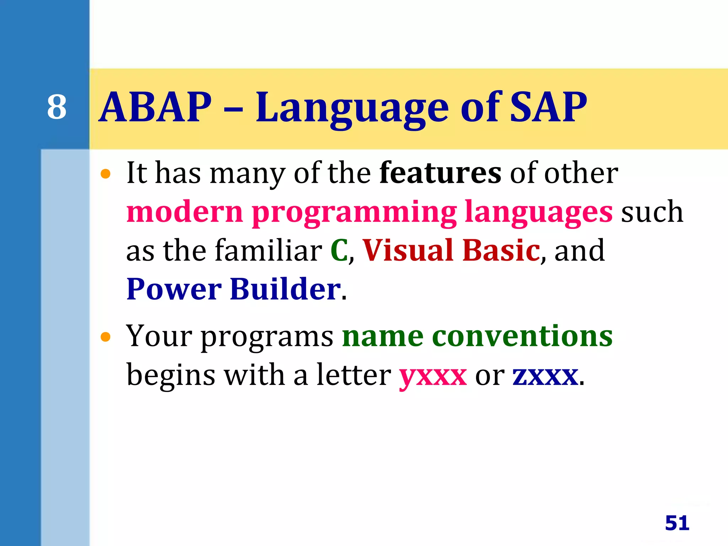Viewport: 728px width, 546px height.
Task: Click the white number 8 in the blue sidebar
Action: [57, 107]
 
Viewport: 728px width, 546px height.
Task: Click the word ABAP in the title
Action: [155, 107]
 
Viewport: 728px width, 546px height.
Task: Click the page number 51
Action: [677, 523]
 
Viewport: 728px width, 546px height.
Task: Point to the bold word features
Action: [440, 173]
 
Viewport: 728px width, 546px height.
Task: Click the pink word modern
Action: [184, 212]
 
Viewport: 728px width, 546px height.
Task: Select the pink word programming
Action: [354, 213]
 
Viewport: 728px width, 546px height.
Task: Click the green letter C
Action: [339, 251]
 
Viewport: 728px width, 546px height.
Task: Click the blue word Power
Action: [174, 289]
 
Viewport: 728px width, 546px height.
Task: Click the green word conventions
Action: [522, 336]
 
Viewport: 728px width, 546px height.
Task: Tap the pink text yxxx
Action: [433, 377]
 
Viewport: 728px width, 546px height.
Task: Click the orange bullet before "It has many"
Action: [106, 174]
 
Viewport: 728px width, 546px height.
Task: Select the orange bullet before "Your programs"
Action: [106, 337]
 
